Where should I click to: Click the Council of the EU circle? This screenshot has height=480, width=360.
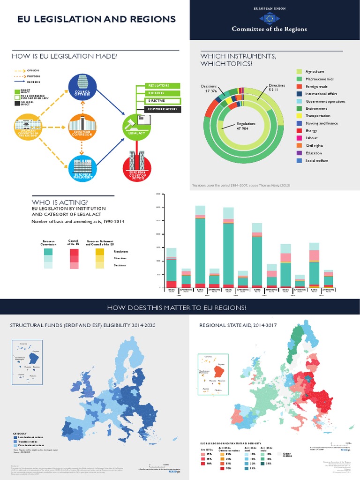click(82, 88)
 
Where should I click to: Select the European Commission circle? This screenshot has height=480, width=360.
click(82, 126)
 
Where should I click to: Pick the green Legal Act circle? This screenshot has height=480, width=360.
click(137, 126)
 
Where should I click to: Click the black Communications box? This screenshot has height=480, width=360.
click(158, 109)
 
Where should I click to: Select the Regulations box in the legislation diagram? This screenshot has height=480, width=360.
click(158, 86)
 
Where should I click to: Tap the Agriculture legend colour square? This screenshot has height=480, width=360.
click(299, 71)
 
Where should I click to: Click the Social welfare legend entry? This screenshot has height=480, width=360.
click(316, 161)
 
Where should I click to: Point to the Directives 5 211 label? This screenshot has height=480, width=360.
click(277, 88)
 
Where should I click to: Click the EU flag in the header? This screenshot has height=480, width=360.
click(269, 18)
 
